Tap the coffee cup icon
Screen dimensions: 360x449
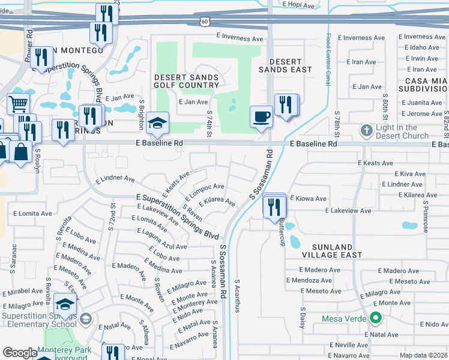(x=261, y=116)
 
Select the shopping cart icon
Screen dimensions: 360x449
(x=18, y=104)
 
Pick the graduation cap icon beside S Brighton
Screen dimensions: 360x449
(x=158, y=124)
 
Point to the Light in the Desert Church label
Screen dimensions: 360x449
(x=405, y=131)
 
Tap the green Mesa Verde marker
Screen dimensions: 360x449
(x=376, y=318)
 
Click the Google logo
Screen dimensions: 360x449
(x=20, y=353)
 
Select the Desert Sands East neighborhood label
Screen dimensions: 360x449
(x=285, y=65)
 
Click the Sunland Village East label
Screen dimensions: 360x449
(x=333, y=251)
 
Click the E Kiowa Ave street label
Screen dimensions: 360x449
(x=308, y=198)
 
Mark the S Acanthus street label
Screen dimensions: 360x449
(x=237, y=296)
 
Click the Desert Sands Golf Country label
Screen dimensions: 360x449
(x=187, y=81)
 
